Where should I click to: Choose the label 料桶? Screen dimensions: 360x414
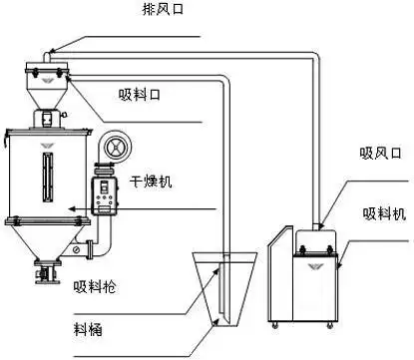point(88,328)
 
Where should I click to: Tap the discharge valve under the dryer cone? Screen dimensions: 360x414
point(45,268)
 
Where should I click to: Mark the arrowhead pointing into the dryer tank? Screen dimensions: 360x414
point(72,208)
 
